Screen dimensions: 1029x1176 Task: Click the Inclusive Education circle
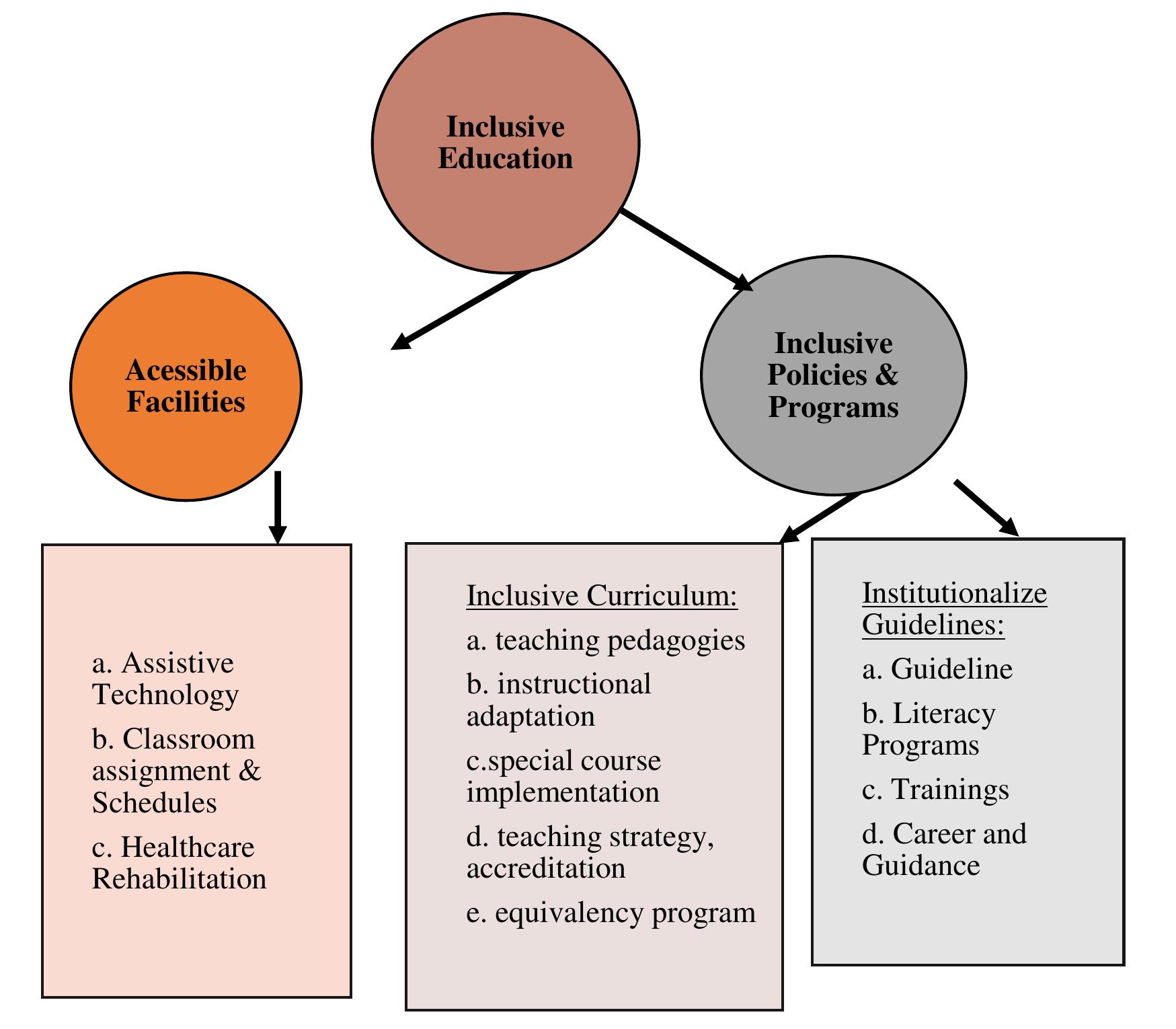tap(506, 143)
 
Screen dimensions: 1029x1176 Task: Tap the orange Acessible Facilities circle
tap(186, 386)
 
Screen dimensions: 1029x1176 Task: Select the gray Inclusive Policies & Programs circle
tap(833, 375)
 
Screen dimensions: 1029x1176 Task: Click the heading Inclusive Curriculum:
tap(602, 596)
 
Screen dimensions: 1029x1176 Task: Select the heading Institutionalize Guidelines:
tap(953, 609)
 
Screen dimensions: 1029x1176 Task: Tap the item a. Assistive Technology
tap(165, 679)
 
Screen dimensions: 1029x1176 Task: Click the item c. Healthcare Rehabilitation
tap(178, 863)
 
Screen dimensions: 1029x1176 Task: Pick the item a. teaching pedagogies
tap(605, 640)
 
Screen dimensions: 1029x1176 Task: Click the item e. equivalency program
tap(611, 913)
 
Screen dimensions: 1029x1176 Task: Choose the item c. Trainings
tap(935, 790)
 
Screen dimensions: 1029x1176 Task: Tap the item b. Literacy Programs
tap(928, 729)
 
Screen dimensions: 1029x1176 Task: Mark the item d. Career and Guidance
tap(943, 849)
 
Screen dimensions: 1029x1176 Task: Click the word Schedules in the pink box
tap(154, 802)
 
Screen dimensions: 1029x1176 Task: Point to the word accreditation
tap(546, 868)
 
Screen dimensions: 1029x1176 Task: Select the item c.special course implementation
tap(563, 776)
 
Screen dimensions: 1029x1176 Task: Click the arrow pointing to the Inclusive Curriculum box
tap(820, 517)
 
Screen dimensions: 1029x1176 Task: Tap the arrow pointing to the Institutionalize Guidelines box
tap(986, 508)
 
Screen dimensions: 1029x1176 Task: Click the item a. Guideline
tap(937, 669)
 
